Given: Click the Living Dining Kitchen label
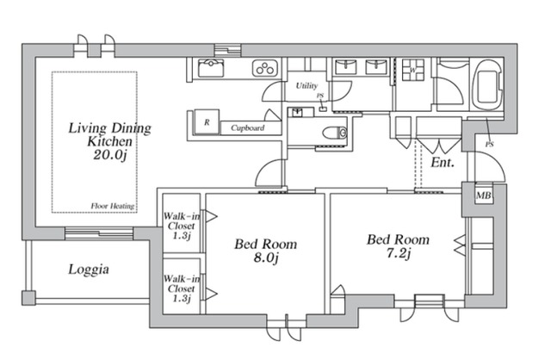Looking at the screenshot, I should (110, 134).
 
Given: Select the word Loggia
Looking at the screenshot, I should (89, 270).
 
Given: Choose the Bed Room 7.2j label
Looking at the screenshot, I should (398, 245).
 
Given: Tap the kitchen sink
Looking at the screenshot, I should (210, 68).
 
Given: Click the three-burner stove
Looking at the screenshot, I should (263, 68).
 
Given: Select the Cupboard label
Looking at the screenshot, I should (247, 128).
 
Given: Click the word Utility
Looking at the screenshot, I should (306, 86).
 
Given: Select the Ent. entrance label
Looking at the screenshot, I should (443, 162).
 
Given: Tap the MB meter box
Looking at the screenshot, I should (484, 197).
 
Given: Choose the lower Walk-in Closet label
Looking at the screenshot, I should (182, 287).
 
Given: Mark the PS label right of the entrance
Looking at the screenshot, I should (489, 144).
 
